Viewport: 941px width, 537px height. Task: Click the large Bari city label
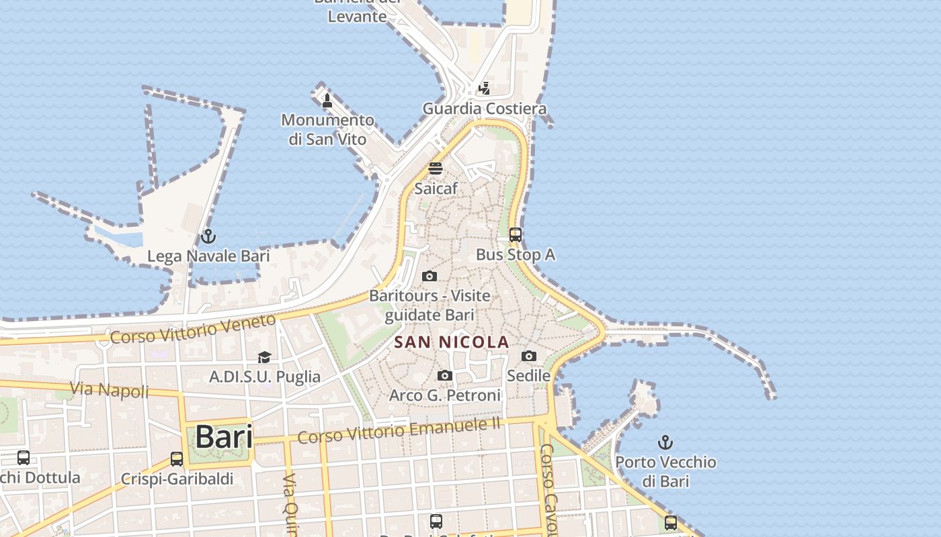click(x=224, y=437)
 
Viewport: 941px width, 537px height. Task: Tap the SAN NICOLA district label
click(x=452, y=342)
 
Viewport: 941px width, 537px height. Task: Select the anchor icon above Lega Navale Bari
click(x=208, y=236)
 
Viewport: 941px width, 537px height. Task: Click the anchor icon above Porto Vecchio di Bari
click(x=665, y=442)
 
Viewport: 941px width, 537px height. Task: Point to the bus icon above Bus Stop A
click(x=516, y=235)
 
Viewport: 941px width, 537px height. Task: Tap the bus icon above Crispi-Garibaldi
click(x=177, y=459)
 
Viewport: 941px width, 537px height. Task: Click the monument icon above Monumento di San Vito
click(x=327, y=101)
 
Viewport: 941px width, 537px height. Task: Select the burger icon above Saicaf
click(x=436, y=168)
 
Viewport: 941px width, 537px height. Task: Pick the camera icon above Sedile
click(x=529, y=356)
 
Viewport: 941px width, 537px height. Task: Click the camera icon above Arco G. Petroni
click(x=445, y=376)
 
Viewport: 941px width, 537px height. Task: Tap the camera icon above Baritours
click(x=429, y=276)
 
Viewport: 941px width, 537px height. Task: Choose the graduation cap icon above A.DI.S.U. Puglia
click(x=264, y=357)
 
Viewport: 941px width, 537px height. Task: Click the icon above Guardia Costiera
click(x=484, y=88)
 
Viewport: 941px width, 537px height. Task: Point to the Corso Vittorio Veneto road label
click(x=193, y=329)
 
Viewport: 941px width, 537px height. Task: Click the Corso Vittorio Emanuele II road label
click(x=399, y=430)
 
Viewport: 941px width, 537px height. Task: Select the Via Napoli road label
click(x=110, y=389)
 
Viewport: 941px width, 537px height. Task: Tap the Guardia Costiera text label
click(x=484, y=109)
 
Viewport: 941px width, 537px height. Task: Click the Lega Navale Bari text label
click(x=208, y=256)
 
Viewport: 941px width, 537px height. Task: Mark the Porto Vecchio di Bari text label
click(x=665, y=471)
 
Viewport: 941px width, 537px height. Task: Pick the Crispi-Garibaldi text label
click(x=177, y=479)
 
